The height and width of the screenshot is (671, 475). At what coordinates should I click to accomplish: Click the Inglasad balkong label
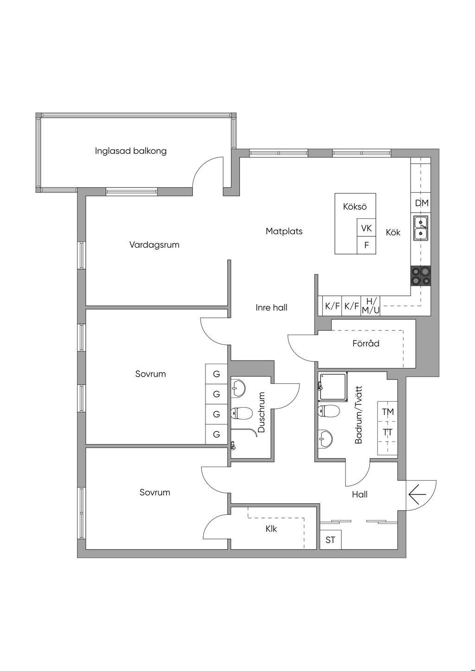pos(131,151)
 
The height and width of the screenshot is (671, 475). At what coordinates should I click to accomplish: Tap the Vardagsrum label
pos(154,245)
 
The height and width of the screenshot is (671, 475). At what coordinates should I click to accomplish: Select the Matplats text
pos(284,231)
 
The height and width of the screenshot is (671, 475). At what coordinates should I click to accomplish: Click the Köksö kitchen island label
pos(355,206)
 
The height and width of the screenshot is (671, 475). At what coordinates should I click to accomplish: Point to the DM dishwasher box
pos(422,203)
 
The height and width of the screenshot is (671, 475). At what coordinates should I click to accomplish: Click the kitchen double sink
pos(421,228)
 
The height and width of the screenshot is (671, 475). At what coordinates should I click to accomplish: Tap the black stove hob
pos(421,276)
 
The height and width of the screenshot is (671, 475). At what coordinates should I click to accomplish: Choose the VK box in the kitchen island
pos(366,228)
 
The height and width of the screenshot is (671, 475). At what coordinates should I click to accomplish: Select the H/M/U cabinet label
pos(370,306)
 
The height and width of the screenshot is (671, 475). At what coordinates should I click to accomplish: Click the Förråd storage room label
pos(366,343)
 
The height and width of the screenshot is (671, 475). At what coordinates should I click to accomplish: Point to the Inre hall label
pos(271,308)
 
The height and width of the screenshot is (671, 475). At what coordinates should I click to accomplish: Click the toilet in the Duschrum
pos(242,414)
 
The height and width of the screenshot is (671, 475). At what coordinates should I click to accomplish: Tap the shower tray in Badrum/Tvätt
pos(333,387)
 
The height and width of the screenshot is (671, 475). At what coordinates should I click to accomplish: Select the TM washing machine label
pos(387,412)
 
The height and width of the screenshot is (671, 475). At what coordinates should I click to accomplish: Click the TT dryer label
pos(387,432)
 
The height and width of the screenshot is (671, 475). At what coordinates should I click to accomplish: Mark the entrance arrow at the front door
pos(417,495)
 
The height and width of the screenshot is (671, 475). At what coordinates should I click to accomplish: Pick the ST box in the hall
pos(330,540)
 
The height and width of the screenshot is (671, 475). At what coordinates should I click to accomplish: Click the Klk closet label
pos(271,529)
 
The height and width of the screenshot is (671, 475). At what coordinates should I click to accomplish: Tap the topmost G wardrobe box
pos(216,374)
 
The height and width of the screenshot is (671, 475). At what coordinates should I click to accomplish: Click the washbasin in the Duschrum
pos(238,389)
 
